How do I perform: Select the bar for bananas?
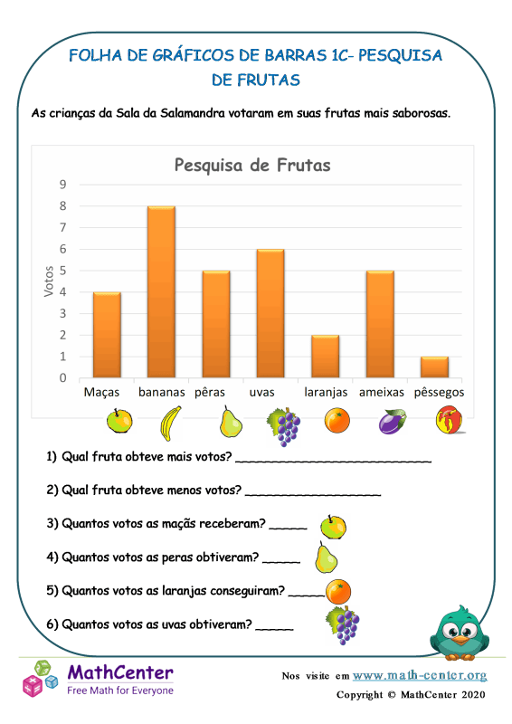[161, 291]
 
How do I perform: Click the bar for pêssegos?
[434, 367]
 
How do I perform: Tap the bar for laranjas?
[325, 356]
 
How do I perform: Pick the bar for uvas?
[270, 313]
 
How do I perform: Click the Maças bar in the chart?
[107, 335]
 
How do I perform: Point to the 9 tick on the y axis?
[62, 185]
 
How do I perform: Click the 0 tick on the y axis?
[62, 378]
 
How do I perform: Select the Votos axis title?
[49, 281]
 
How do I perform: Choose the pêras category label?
[215, 393]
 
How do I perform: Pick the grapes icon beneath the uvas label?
[283, 425]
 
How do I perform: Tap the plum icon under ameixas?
[393, 423]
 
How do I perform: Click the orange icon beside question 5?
[338, 591]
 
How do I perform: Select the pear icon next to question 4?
[326, 557]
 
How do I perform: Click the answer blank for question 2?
[312, 492]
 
